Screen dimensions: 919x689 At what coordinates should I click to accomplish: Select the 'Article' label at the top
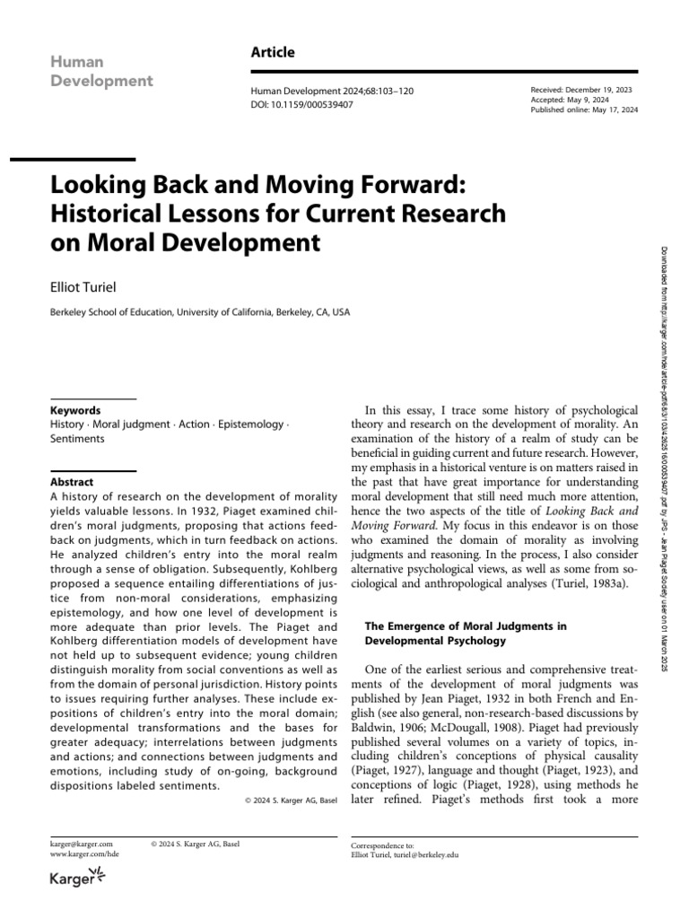[273, 53]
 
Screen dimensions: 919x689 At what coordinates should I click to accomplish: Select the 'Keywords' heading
[75, 409]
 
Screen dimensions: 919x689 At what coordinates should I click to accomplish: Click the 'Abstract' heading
[72, 481]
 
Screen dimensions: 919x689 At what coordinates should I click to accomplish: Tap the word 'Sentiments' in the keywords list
[77, 438]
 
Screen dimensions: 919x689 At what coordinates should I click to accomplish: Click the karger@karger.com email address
[81, 845]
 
